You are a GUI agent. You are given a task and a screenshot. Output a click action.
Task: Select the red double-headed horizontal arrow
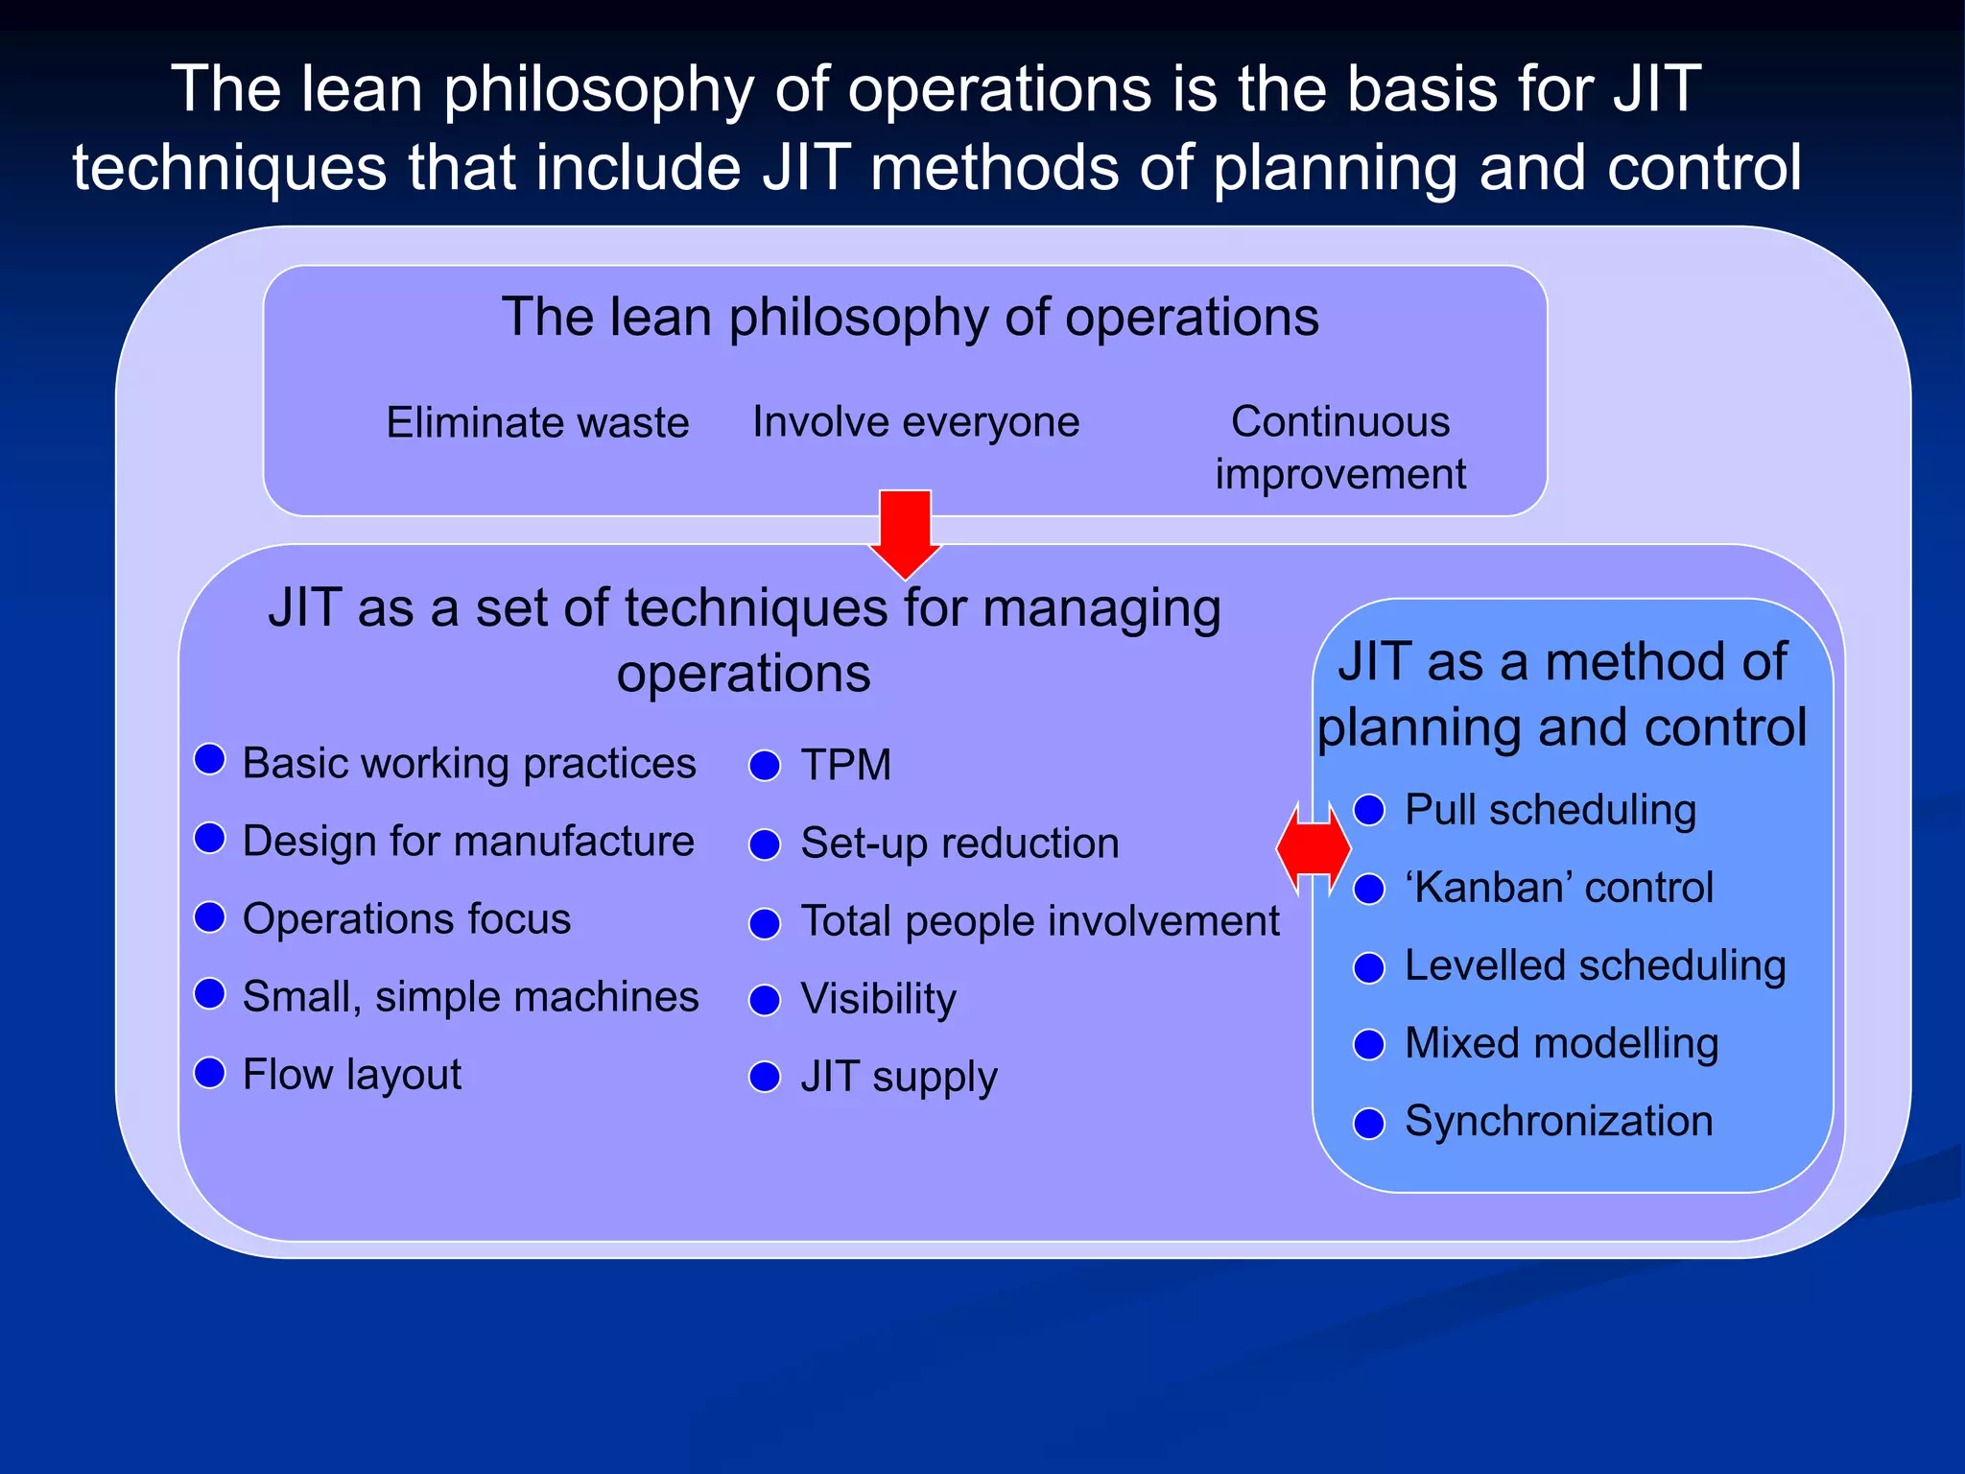click(1313, 848)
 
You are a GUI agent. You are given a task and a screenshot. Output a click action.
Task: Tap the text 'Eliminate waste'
click(537, 422)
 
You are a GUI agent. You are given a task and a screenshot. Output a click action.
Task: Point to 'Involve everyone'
click(915, 421)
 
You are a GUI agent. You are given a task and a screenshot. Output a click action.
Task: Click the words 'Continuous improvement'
click(1339, 447)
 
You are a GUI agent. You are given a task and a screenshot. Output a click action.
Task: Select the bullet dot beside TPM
click(765, 766)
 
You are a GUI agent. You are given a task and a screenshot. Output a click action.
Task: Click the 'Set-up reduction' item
click(959, 844)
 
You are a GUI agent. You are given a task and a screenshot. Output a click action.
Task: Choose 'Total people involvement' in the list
click(1039, 921)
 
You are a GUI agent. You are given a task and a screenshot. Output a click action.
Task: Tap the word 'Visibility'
click(878, 999)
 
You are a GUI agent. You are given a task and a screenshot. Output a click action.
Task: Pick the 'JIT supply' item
click(898, 1077)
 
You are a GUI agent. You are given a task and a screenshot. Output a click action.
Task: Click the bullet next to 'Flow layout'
click(209, 1072)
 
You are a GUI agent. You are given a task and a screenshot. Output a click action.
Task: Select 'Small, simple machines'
click(470, 996)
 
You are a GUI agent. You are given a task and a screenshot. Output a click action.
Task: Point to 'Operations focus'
click(406, 918)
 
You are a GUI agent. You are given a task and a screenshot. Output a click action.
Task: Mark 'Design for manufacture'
click(467, 841)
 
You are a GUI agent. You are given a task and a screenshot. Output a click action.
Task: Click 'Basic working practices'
click(468, 763)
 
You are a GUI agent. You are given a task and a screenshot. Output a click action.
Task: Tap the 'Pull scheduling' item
click(1550, 810)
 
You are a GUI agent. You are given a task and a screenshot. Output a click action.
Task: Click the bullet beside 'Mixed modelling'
click(1369, 1044)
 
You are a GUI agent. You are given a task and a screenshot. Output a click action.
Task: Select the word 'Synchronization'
click(1558, 1121)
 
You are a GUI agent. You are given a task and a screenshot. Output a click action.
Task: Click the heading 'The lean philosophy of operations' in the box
click(910, 317)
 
